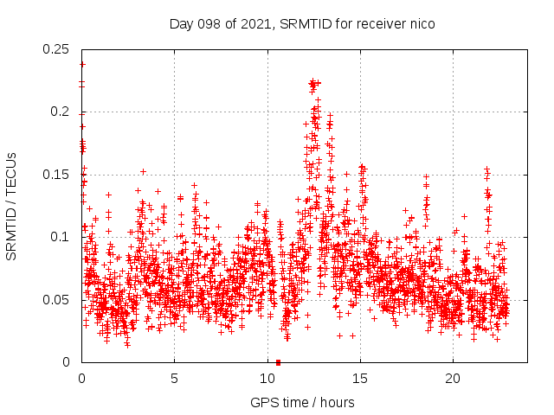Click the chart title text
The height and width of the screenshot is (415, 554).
pos(301,23)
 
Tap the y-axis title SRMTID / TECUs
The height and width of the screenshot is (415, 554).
pos(11,206)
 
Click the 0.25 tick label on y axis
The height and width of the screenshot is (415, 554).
pos(57,49)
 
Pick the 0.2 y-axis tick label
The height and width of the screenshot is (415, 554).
pos(61,112)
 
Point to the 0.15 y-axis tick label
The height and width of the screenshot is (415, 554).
pos(57,175)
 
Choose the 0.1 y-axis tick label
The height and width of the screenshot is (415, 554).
pos(61,237)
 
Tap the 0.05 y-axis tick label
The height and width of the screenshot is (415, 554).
pos(57,300)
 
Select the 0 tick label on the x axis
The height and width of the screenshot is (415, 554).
pos(81,379)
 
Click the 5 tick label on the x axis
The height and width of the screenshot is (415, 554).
pos(174,379)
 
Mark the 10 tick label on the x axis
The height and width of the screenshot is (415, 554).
pos(267,379)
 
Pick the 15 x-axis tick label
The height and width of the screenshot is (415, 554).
pos(360,379)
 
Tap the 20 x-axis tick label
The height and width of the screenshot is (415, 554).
pos(453,379)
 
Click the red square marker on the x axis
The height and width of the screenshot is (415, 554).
pos(278,362)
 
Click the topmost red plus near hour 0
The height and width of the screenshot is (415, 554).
pos(82,64)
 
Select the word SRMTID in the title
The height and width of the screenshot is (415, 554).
pos(297,23)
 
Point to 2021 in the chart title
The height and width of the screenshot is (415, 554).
pos(249,23)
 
